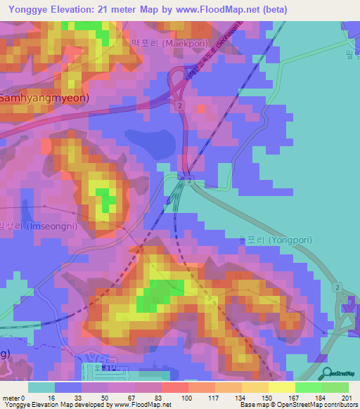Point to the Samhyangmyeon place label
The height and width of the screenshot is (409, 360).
[x=44, y=98]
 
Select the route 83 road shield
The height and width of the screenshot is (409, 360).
[x=167, y=199]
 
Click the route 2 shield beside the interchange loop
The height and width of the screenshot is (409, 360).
[x=181, y=105]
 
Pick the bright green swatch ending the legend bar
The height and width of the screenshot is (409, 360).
[x=336, y=387]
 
